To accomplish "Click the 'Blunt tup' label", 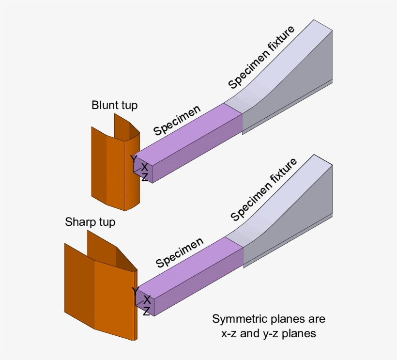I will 114,105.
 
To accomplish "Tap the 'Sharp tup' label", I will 90,222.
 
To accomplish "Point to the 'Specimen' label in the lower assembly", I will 179,252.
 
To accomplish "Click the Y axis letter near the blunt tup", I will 133,158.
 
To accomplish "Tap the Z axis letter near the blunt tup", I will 144,177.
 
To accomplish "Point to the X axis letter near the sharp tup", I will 147,299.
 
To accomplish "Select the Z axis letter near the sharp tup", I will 146,311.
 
